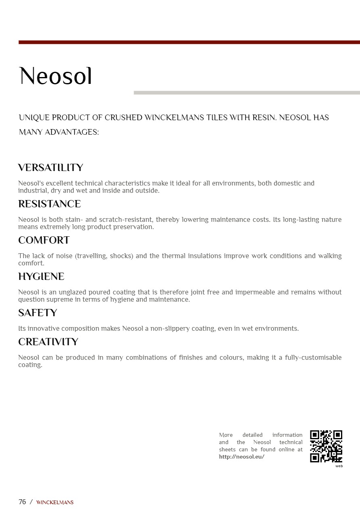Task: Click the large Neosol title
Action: coord(56,76)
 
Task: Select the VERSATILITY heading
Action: coord(50,168)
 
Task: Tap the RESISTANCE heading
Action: coord(49,204)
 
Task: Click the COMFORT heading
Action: coord(44,240)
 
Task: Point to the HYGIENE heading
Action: coord(41,277)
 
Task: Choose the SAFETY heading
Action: coord(38,313)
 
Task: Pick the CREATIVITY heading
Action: coord(48,342)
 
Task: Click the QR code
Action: coord(326,446)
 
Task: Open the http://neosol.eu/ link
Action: coord(241,457)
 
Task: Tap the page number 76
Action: coord(22,502)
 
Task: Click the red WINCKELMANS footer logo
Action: coord(55,503)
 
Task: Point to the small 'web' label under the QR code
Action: coord(339,466)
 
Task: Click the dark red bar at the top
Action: coord(189,42)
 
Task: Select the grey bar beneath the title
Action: coord(247,93)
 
